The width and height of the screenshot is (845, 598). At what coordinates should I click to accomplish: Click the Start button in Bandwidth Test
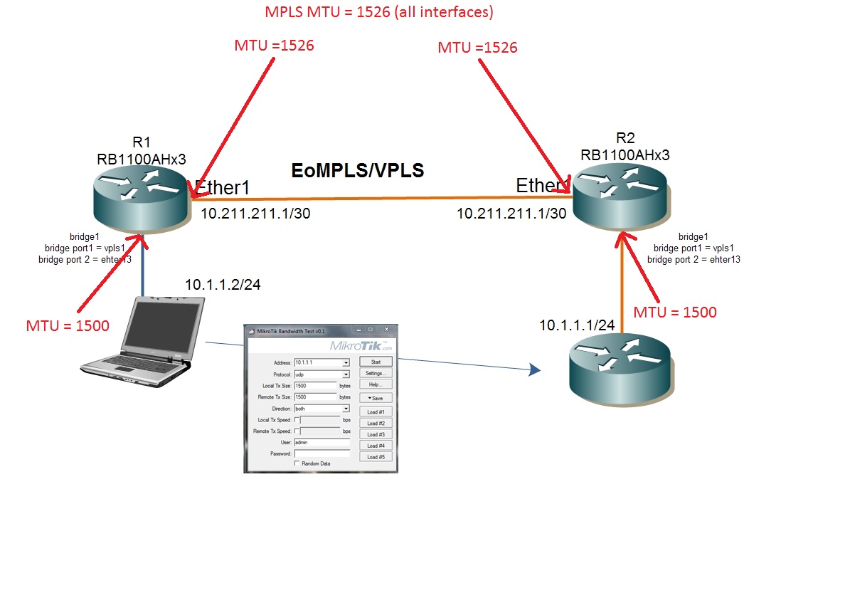tap(376, 362)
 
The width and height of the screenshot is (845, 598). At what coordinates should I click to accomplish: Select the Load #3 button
tap(376, 434)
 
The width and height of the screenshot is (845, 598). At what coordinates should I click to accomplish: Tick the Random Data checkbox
tap(297, 463)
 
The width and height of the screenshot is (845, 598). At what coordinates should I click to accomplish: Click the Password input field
tap(321, 453)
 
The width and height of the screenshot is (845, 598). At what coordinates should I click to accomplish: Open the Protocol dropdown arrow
tap(346, 374)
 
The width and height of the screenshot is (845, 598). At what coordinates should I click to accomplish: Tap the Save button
tap(376, 398)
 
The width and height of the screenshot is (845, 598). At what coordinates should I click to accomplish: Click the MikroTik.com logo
tap(361, 346)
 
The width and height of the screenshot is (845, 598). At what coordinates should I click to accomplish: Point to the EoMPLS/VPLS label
tap(358, 171)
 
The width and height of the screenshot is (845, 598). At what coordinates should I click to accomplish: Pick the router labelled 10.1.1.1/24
tap(620, 367)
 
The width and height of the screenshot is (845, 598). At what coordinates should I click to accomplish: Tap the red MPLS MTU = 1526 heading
tap(379, 12)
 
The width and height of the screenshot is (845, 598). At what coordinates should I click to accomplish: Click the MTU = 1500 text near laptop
tap(68, 326)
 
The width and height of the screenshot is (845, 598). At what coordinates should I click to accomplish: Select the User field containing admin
tap(321, 442)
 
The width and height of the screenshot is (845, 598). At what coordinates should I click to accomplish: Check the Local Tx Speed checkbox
tap(297, 420)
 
